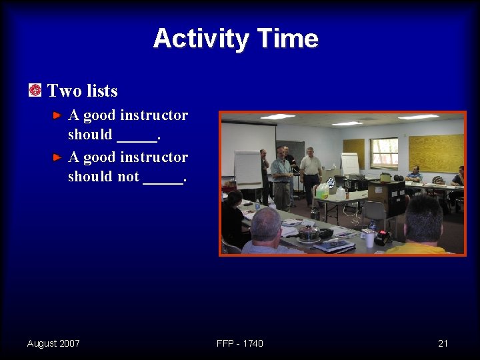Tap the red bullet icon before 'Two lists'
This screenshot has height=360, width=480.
point(35,90)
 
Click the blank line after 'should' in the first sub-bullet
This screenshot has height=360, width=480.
point(137,135)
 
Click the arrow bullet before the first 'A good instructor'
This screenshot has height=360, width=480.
point(58,116)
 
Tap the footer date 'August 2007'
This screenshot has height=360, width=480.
point(53,343)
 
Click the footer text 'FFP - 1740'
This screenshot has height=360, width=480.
point(240,343)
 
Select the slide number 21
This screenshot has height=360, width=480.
point(443,343)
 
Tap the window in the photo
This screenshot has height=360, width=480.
point(384,153)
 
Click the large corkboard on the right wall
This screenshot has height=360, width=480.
point(435,153)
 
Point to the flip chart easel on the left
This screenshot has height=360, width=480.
point(248,169)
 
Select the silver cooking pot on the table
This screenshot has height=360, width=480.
point(308,233)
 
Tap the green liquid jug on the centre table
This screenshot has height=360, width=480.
point(323,191)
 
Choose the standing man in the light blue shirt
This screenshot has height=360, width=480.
point(281,177)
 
